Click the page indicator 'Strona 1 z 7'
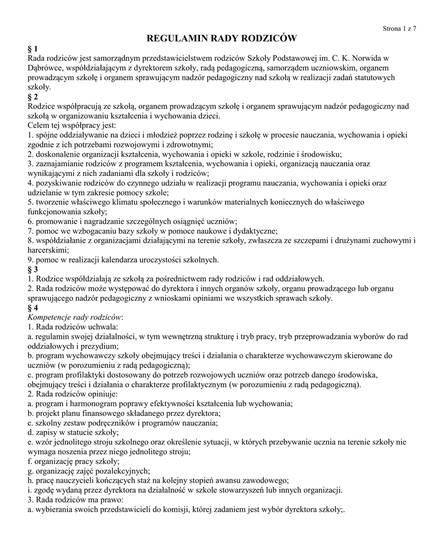(399, 29)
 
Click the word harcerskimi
(48, 250)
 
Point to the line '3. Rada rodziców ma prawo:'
(75, 499)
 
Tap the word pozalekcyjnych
(113, 471)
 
